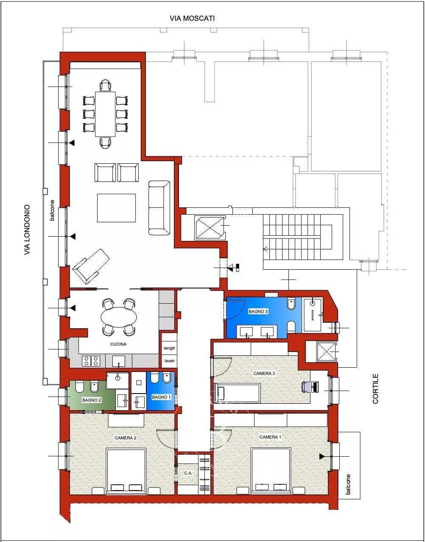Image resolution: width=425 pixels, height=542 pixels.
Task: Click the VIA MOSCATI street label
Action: tap(192, 18)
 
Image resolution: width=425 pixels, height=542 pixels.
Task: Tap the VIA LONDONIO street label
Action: tap(27, 230)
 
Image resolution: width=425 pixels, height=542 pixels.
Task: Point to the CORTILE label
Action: tap(375, 388)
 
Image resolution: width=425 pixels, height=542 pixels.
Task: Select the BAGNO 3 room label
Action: tap(258, 311)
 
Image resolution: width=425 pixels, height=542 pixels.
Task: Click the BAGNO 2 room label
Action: tap(92, 400)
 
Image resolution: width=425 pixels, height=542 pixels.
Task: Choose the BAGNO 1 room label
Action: tap(161, 397)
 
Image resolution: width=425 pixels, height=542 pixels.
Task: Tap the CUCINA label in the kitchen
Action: tap(118, 344)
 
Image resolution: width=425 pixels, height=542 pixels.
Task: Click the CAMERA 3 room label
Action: tap(264, 373)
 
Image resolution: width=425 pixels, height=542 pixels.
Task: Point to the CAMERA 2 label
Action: tap(126, 438)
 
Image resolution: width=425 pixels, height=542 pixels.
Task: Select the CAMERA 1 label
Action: tap(270, 437)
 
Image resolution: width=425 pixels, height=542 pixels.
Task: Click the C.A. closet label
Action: tap(188, 473)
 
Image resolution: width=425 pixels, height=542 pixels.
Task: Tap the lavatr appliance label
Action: tap(169, 360)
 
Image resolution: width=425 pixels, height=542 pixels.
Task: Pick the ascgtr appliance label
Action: tap(169, 348)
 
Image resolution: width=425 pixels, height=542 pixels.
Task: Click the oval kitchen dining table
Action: tap(119, 317)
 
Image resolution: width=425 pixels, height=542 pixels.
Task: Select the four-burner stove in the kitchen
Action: tap(91, 360)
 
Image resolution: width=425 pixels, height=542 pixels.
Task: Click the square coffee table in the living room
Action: tap(117, 208)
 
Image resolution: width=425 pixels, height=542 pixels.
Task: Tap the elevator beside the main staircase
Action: tap(210, 228)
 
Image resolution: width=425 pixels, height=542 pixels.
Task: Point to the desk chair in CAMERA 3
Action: tap(306, 387)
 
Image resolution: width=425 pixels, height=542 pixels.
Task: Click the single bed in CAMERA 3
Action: tap(237, 393)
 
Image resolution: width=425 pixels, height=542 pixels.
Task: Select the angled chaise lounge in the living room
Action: tap(91, 266)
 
